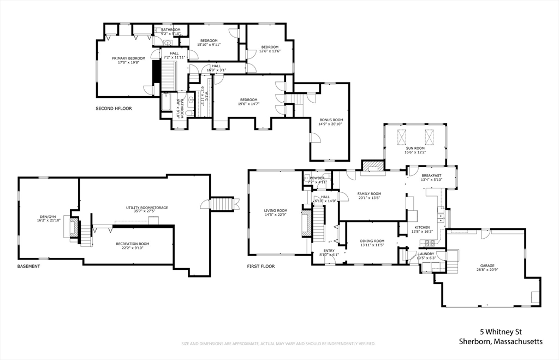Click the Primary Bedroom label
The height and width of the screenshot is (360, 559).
click(129, 58)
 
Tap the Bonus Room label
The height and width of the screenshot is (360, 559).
click(331, 120)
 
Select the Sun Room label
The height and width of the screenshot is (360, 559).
click(415, 148)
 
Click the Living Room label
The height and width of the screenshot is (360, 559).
click(276, 210)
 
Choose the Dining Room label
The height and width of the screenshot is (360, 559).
click(372, 241)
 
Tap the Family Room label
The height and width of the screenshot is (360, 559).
click(369, 194)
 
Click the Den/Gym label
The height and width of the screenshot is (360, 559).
click(46, 216)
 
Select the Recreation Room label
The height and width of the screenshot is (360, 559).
click(132, 244)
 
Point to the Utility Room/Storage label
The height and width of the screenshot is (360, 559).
click(147, 208)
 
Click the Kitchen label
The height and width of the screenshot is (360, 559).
click(422, 227)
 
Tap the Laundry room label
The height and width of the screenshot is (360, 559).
click(426, 254)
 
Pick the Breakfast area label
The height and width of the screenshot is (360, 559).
click(431, 175)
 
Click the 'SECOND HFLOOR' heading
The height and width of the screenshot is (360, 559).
click(114, 108)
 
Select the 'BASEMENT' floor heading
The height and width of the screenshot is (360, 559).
click(28, 266)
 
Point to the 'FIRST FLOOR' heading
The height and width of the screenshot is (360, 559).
click(260, 267)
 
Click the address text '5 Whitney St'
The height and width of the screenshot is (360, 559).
click(501, 331)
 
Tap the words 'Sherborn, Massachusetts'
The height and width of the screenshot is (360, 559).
click(501, 341)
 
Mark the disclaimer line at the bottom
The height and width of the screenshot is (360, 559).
click(278, 344)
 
